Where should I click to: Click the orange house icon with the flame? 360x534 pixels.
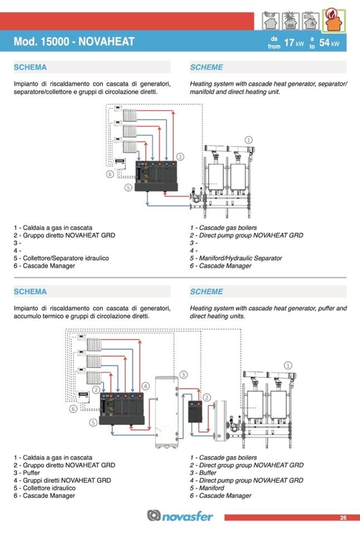coord(334,21)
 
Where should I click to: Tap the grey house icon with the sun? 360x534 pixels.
coord(290,21)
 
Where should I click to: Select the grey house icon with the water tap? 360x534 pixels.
coord(310,21)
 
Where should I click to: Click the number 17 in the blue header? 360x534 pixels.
coord(289,43)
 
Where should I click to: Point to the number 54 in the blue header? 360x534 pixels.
coord(324,43)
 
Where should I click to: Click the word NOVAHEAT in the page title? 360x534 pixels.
coord(106,42)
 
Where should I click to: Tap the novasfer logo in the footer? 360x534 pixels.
coord(180,516)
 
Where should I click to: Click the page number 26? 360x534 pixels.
coord(343,518)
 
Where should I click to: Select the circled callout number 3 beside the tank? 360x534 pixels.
coord(183,375)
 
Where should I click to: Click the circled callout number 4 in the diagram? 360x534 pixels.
coord(145,386)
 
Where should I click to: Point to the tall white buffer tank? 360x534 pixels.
coord(167,412)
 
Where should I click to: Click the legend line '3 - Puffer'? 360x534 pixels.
coord(27,473)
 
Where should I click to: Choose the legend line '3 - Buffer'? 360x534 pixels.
coord(203,473)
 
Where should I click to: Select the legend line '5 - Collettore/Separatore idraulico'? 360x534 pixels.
coord(61,258)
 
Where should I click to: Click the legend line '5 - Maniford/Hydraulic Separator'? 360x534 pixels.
coord(236,258)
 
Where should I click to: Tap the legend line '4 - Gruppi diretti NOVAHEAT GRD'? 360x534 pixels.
coord(62,480)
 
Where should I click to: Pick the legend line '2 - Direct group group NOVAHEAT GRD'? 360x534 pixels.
coord(247,465)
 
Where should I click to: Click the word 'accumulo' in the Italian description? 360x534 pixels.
coord(28,316)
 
